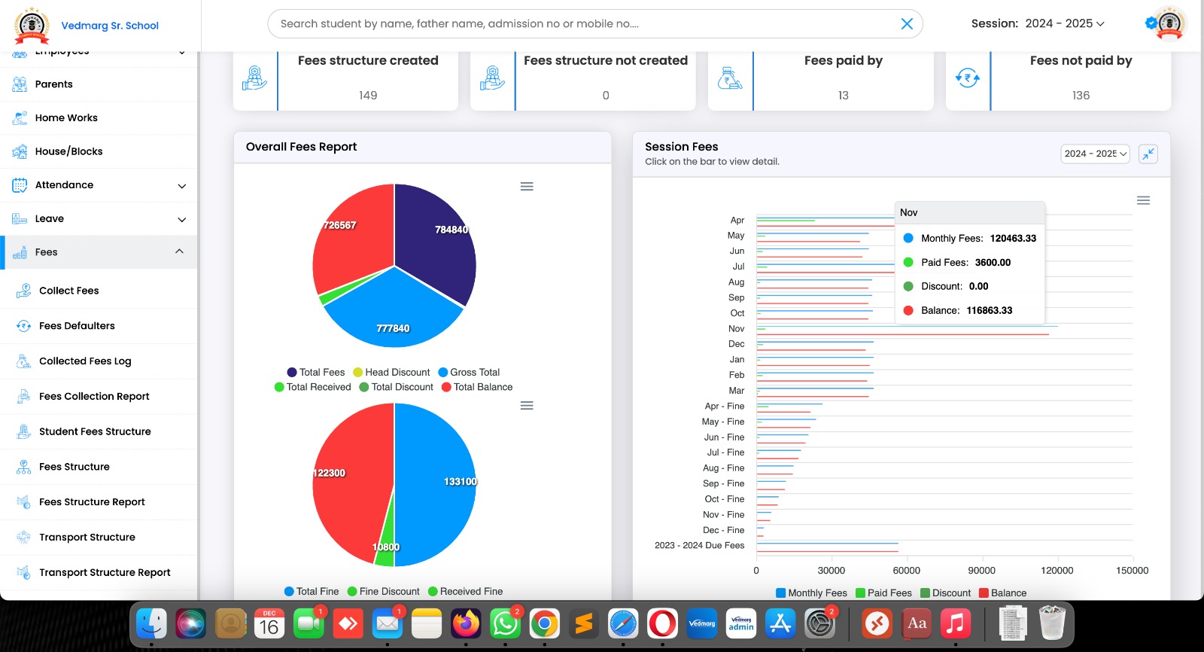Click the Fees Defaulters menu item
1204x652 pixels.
click(x=77, y=326)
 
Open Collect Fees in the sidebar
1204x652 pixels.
click(x=68, y=291)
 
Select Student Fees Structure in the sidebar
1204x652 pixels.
click(x=95, y=431)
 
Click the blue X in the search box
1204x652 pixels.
click(x=907, y=24)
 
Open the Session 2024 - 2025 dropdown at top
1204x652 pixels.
click(x=1038, y=24)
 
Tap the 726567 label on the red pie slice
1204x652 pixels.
click(x=340, y=225)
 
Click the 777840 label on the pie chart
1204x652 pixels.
click(x=393, y=328)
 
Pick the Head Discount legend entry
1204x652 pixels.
click(x=391, y=372)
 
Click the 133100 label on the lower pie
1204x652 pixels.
click(x=460, y=482)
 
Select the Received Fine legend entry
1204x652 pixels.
click(x=465, y=592)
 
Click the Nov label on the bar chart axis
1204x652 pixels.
click(x=736, y=329)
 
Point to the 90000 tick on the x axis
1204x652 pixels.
click(x=981, y=571)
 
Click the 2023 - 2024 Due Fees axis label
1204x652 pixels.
click(x=699, y=546)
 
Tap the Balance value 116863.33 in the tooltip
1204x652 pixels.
click(x=989, y=310)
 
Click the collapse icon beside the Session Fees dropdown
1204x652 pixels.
click(x=1148, y=154)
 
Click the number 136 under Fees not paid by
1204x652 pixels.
click(x=1081, y=96)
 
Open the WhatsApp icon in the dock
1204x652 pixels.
click(x=505, y=623)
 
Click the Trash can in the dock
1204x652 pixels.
click(x=1051, y=623)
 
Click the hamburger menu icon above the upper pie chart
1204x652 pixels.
click(x=527, y=187)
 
